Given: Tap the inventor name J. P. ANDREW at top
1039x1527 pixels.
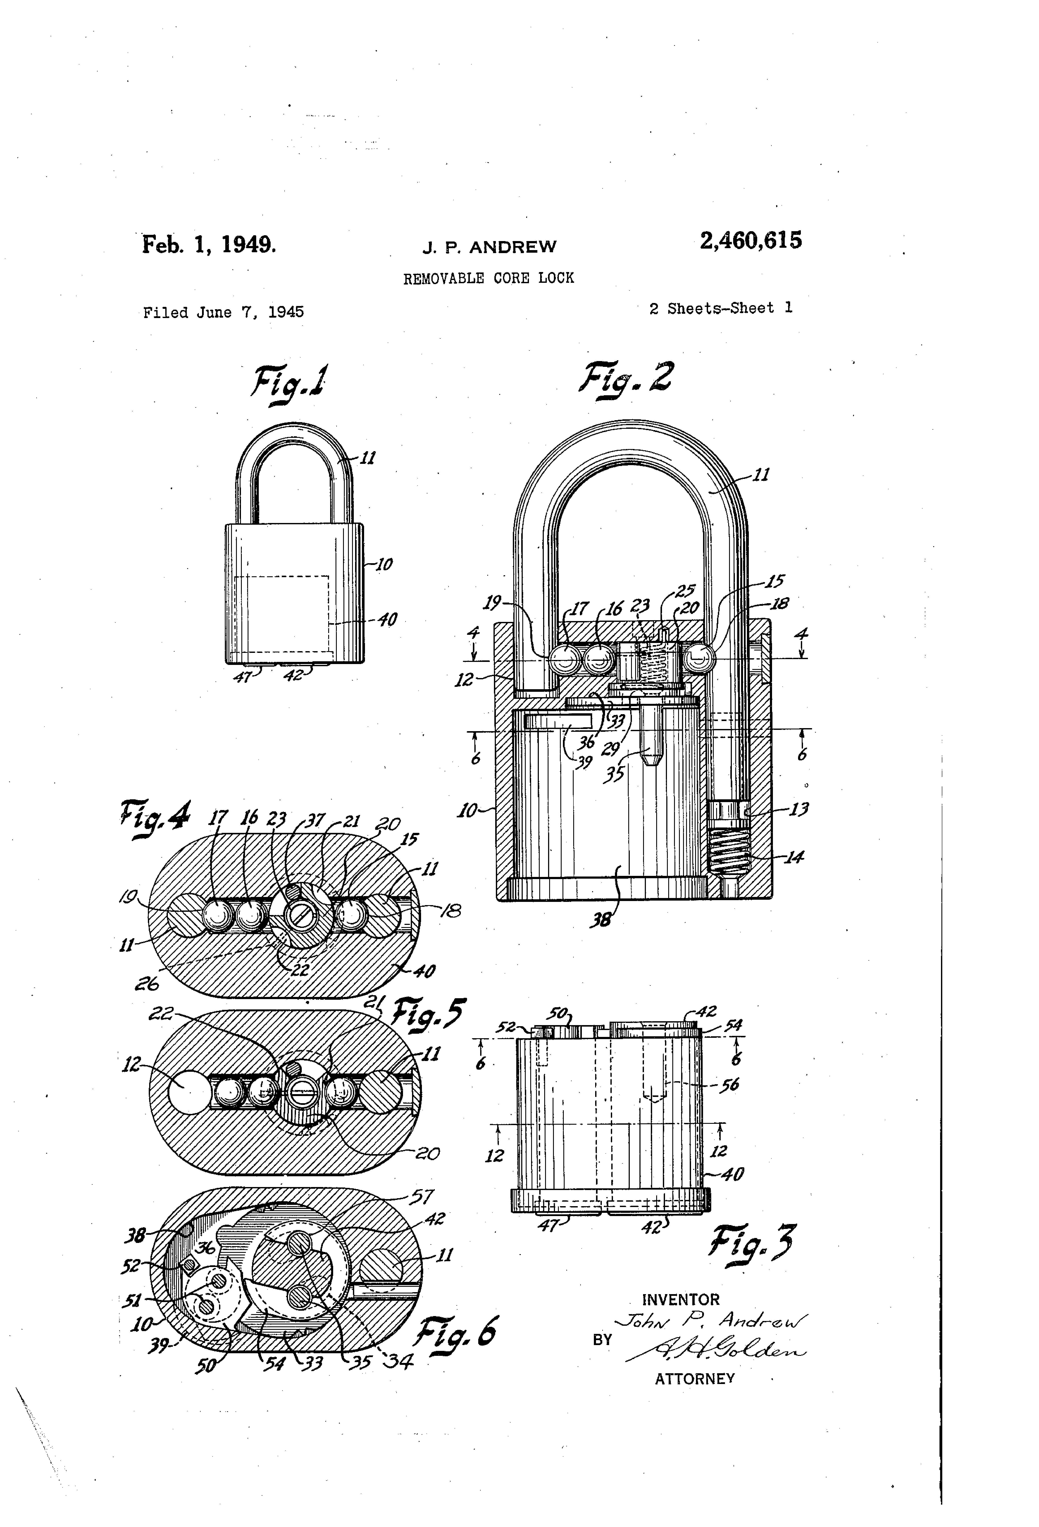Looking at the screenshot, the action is (x=489, y=247).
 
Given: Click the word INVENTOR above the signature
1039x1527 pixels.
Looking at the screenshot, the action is (x=680, y=1299).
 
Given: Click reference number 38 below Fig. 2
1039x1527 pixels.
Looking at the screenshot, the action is (x=600, y=919).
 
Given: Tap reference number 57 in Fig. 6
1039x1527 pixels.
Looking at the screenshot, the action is (x=420, y=1197).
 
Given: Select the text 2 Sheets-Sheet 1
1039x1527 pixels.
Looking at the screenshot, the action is (x=720, y=308).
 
